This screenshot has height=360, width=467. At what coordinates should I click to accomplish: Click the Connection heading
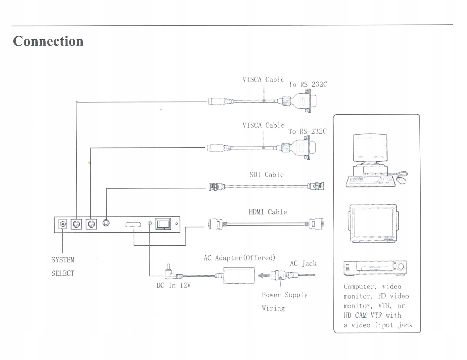48,41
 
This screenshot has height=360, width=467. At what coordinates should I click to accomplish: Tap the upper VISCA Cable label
263,80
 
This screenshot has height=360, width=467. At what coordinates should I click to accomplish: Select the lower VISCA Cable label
263,126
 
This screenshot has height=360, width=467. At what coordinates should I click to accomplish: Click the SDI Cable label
266,175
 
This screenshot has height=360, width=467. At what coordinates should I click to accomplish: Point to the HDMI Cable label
268,212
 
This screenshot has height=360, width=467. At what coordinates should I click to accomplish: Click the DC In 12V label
173,286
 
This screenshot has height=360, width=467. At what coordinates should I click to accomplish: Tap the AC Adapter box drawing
239,275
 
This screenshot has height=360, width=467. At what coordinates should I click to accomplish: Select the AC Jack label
303,264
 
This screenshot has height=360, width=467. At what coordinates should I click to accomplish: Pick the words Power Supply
285,295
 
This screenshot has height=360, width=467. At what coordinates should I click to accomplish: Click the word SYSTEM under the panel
63,260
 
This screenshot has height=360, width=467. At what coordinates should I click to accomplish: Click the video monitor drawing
373,223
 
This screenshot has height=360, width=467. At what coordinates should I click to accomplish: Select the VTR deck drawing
375,267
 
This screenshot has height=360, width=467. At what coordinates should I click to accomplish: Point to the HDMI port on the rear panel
133,225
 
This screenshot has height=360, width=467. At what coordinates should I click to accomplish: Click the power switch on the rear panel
163,224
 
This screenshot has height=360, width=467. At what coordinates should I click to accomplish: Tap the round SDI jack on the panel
106,223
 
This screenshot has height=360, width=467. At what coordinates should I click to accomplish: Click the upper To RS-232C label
308,85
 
